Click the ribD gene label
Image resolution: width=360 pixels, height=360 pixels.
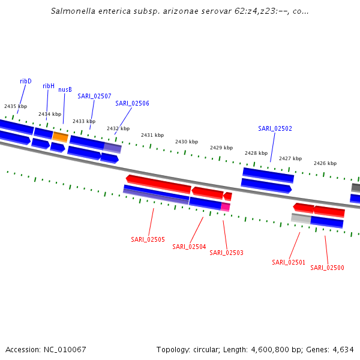(26, 81)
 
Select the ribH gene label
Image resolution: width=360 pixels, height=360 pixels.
(49, 86)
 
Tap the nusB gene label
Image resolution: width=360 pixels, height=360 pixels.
(65, 90)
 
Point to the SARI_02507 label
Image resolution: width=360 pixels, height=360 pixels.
(94, 96)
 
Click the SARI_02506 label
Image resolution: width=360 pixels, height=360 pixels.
(132, 103)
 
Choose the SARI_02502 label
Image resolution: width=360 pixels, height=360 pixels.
(275, 128)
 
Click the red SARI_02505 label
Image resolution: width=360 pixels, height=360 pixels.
(148, 239)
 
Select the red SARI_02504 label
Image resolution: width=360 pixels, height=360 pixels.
(189, 247)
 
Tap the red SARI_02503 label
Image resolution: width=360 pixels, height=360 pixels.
(226, 253)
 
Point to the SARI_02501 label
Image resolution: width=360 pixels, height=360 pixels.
(289, 262)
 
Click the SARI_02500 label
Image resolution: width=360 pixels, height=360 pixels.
(327, 268)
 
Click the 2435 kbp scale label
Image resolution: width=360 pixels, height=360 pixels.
(16, 106)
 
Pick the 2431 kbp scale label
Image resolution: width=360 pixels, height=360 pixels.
(152, 136)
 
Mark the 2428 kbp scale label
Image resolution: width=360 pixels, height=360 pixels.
(256, 153)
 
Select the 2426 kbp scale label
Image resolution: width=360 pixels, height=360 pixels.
(325, 163)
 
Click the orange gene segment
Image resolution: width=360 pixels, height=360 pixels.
(60, 137)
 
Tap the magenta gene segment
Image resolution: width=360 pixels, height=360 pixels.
(226, 207)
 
